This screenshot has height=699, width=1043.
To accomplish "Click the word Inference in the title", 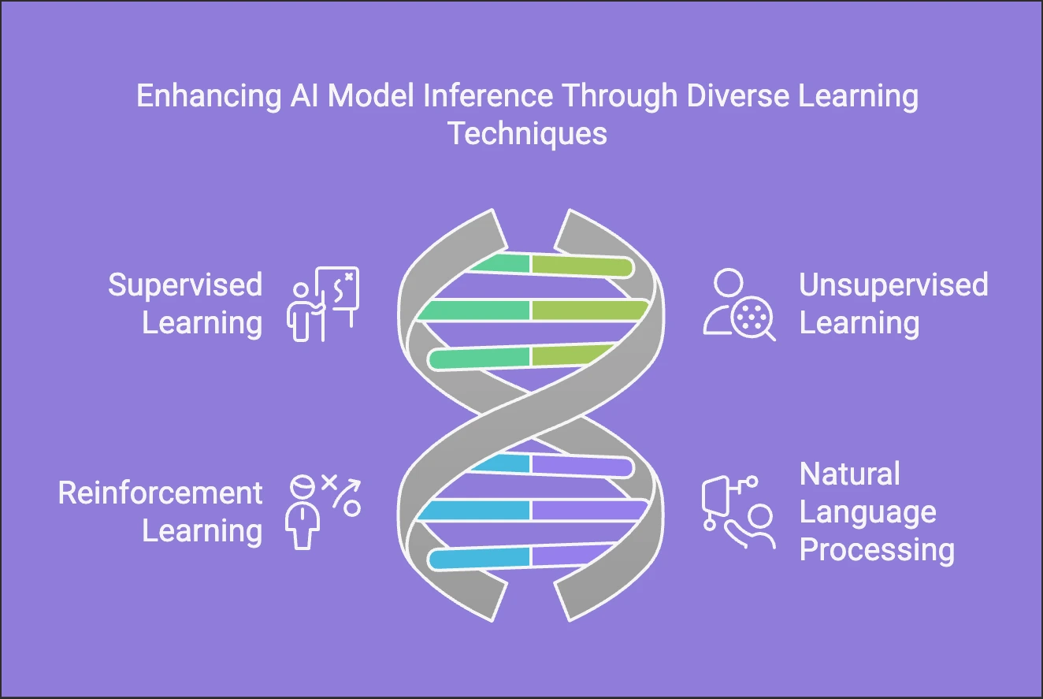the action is pyautogui.click(x=488, y=95).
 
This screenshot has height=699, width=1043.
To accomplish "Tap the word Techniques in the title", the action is pyautogui.click(x=528, y=134).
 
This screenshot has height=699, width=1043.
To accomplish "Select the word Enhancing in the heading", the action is pyautogui.click(x=209, y=96).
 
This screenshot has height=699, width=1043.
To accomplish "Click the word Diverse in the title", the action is pyautogui.click(x=737, y=95).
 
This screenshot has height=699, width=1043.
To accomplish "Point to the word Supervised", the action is pyautogui.click(x=185, y=285).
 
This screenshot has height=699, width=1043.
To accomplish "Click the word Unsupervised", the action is pyautogui.click(x=893, y=285).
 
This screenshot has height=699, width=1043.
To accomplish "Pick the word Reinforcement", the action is pyautogui.click(x=160, y=493).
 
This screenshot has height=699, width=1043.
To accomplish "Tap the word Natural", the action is pyautogui.click(x=849, y=474).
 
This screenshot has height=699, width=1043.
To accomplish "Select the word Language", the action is pyautogui.click(x=867, y=513).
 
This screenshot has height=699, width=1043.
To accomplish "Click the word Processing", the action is pyautogui.click(x=877, y=551).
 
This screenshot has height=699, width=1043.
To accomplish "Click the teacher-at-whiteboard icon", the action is pyautogui.click(x=323, y=304).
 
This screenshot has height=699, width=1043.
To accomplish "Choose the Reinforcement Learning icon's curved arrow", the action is pyautogui.click(x=347, y=493).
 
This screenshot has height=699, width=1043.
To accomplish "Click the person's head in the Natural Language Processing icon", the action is pyautogui.click(x=760, y=516).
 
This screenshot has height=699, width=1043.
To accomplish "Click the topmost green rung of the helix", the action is pyautogui.click(x=500, y=263).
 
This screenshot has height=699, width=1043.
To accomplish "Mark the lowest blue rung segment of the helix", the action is pyautogui.click(x=479, y=558).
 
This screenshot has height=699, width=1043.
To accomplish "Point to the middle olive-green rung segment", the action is pyautogui.click(x=590, y=310).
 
